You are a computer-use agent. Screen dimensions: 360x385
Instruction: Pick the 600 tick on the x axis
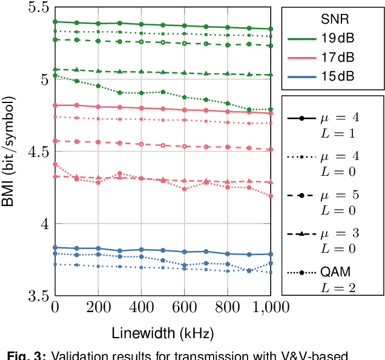click(184, 308)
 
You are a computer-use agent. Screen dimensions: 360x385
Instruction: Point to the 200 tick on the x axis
click(98, 308)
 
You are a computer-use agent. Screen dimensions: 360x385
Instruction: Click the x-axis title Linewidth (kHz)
click(162, 333)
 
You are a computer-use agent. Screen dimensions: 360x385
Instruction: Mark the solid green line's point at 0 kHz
click(55, 21)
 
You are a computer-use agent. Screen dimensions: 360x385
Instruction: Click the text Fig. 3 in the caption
click(21, 355)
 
